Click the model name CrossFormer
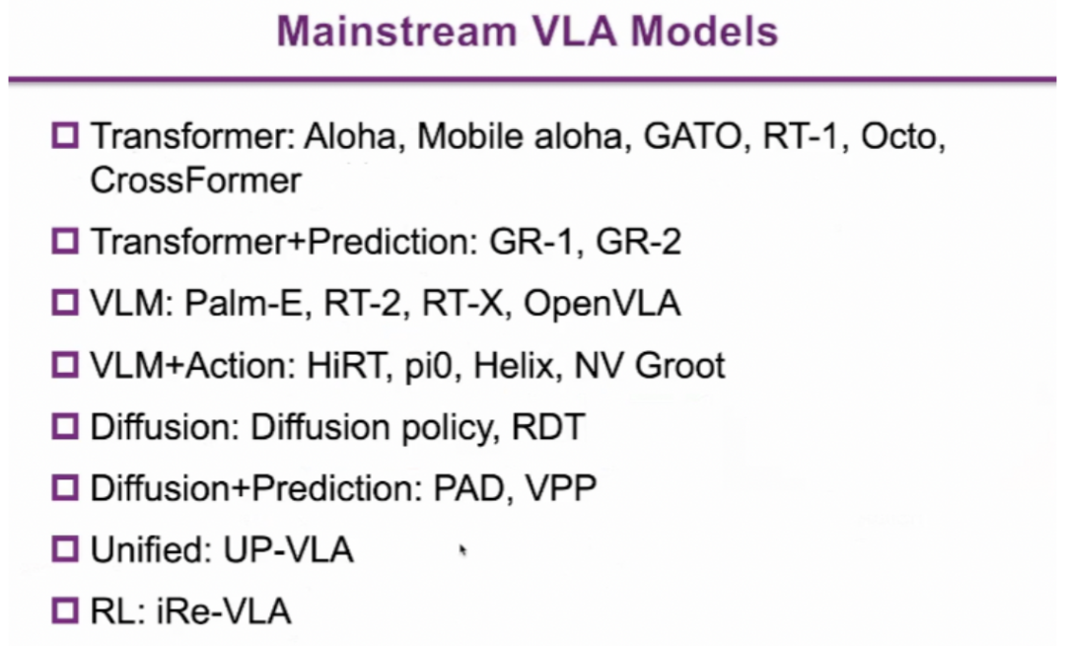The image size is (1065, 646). (195, 180)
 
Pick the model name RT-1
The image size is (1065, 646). (800, 136)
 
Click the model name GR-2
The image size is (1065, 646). (638, 242)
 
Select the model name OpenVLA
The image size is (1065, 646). (602, 303)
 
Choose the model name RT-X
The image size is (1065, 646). (461, 303)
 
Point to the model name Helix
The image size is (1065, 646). (514, 366)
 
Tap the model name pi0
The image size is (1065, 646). (428, 367)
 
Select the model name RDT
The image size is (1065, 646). (548, 427)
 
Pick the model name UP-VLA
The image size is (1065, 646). (288, 549)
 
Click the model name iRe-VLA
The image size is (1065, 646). (225, 610)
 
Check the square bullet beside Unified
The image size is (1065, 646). (65, 549)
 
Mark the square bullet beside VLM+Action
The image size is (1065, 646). (65, 365)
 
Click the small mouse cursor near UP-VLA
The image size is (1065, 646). (463, 550)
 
